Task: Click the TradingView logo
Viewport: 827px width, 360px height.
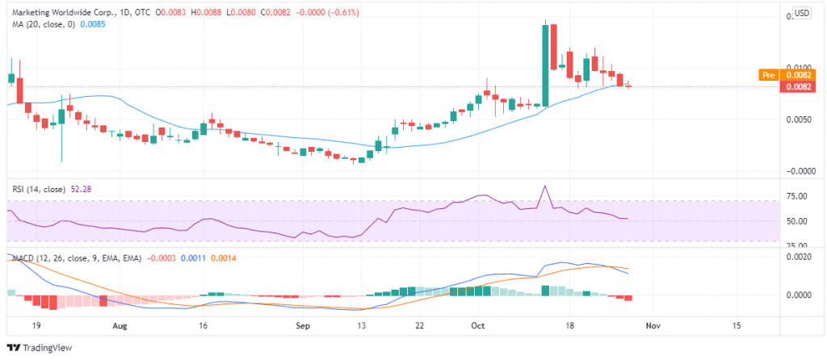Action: click(x=40, y=348)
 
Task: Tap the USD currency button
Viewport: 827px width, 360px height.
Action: click(x=801, y=13)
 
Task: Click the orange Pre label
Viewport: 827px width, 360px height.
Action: click(x=768, y=74)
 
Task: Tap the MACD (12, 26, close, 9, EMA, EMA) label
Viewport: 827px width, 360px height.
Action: click(x=77, y=258)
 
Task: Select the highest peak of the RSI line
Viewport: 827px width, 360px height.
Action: click(x=546, y=186)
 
